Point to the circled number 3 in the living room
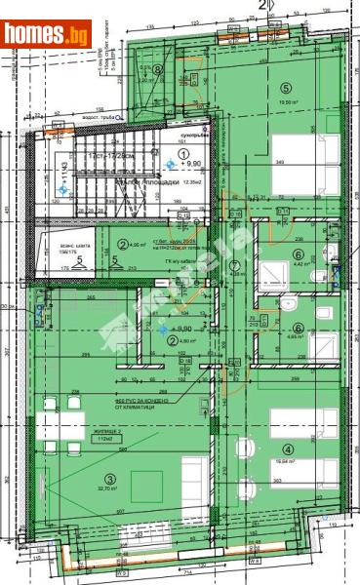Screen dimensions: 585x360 (x=111, y=478)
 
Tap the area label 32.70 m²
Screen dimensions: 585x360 (x=110, y=490)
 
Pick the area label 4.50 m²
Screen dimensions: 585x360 (x=139, y=245)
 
